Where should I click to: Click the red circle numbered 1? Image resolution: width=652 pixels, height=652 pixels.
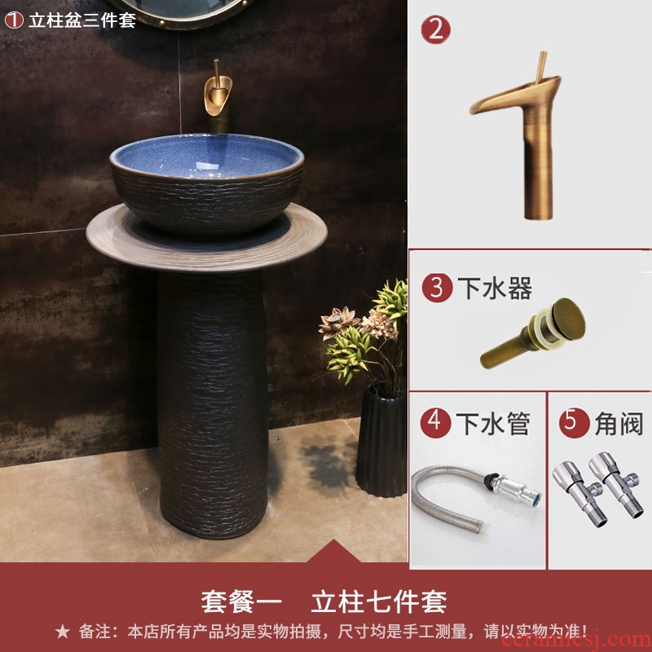pos(14,20)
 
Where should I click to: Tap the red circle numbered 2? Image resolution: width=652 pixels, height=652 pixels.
pos(435,29)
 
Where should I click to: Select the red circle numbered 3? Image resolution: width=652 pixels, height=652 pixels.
pos(437,288)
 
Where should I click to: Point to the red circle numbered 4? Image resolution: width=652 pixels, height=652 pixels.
pos(435,422)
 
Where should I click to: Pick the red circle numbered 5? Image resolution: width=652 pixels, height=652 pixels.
pos(575,422)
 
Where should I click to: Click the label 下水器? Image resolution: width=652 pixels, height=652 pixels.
pos(495,288)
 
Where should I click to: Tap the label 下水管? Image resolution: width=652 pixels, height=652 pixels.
pos(493,423)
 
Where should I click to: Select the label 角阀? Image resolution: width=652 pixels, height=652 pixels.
pos(619,423)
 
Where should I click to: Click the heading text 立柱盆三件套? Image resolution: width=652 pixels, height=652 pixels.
pos(82,20)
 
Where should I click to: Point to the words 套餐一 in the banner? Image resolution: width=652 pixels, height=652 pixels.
pos(241,601)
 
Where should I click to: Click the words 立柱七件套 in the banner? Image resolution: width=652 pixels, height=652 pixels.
pos(379,601)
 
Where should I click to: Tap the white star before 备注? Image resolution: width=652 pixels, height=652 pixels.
pos(63,632)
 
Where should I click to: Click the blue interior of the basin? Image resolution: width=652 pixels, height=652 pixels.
pos(207,156)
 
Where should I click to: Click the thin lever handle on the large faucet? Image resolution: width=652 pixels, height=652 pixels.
pos(540,68)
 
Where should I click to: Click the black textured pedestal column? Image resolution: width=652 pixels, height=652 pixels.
pos(213,404)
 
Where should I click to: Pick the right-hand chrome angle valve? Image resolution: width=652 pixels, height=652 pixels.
pos(615,483)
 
